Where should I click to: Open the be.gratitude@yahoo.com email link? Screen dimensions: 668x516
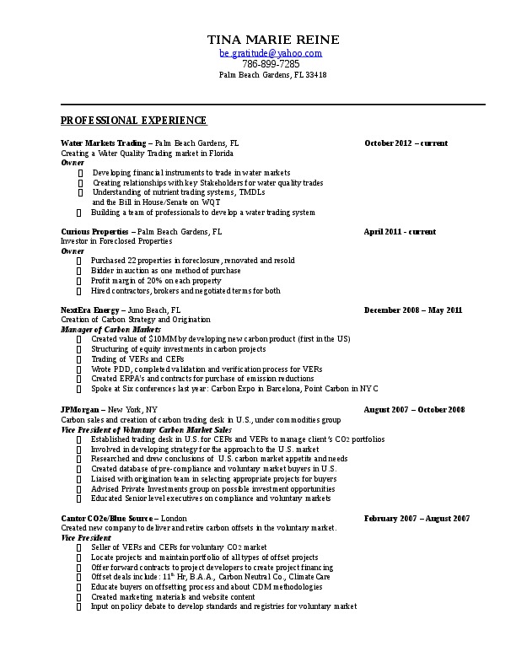click(271, 52)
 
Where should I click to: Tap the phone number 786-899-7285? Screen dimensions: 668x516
click(271, 63)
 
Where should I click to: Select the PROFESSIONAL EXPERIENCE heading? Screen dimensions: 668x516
click(134, 121)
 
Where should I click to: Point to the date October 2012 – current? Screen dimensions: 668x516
click(406, 143)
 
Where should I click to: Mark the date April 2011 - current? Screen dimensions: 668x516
click(400, 231)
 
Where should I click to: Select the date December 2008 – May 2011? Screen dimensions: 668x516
click(413, 310)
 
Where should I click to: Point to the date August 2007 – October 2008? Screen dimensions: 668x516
click(414, 409)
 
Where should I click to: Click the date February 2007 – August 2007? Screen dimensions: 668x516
click(411, 518)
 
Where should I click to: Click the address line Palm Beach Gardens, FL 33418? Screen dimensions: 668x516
click(272, 75)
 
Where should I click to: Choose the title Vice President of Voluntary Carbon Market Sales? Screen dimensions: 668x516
click(147, 429)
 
